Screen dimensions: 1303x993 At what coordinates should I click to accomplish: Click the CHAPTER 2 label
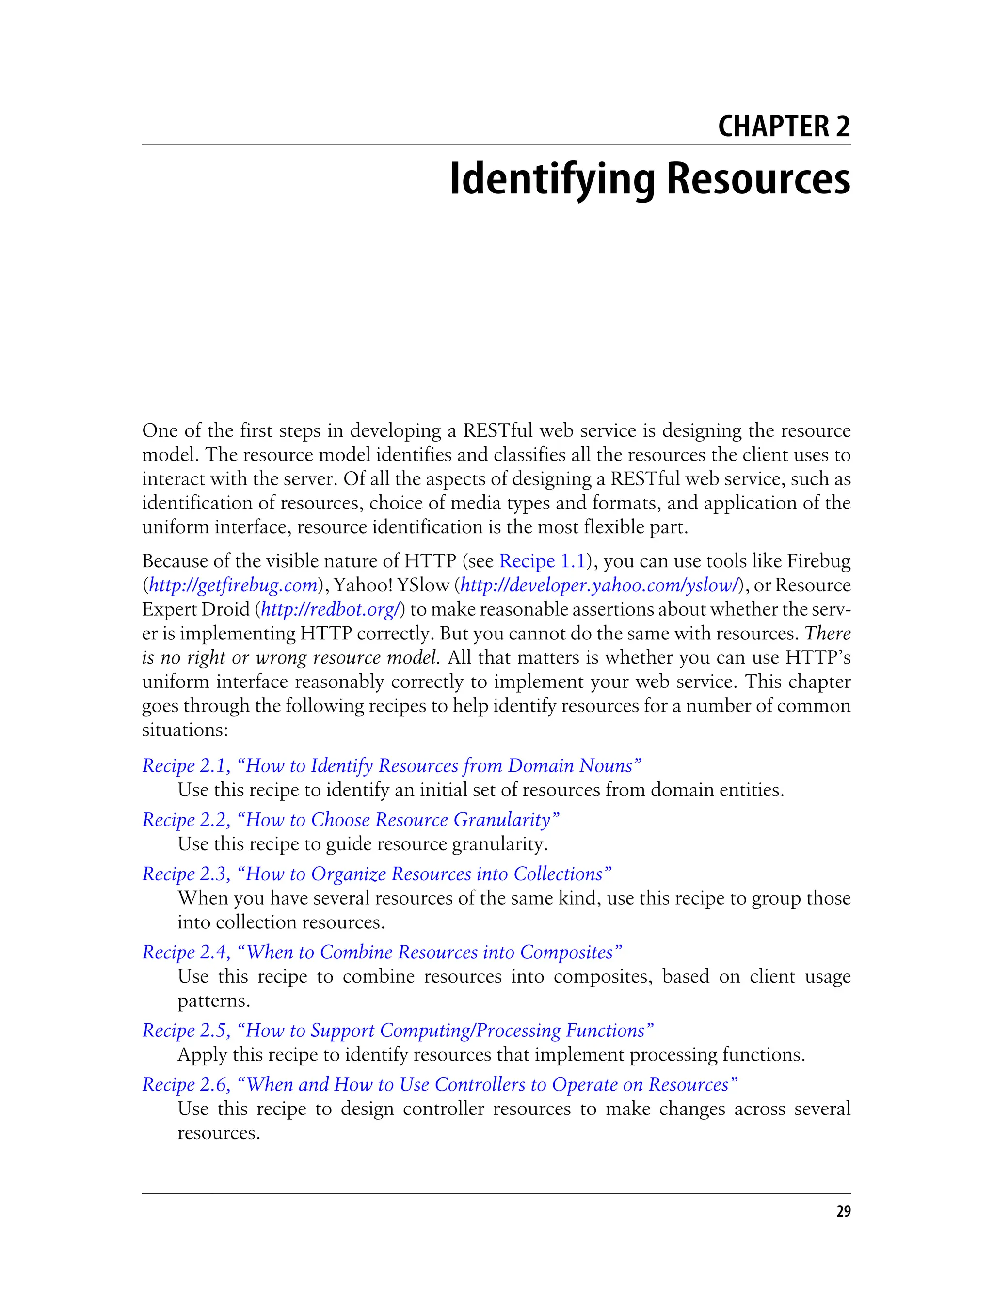tap(783, 127)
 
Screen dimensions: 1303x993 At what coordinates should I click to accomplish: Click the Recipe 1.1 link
tap(542, 561)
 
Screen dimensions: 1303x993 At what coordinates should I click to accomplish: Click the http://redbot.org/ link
tap(332, 609)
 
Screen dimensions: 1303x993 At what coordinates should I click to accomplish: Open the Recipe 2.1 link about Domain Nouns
tap(391, 765)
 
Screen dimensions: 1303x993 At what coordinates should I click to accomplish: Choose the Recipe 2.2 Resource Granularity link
tap(351, 820)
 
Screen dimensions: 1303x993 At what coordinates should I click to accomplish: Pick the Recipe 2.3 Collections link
tap(377, 874)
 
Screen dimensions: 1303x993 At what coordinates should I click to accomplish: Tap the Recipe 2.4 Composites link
tap(382, 952)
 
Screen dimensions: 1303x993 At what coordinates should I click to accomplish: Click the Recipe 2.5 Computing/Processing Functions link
tap(398, 1030)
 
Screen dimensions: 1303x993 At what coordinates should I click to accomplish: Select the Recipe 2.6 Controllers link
tap(440, 1084)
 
